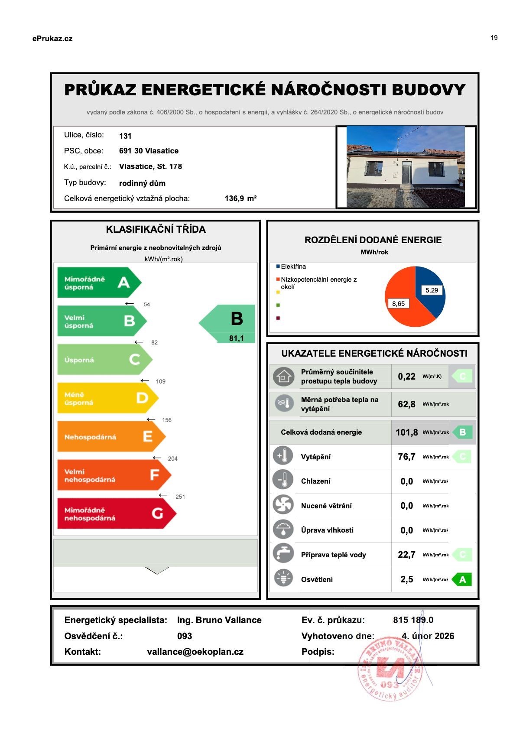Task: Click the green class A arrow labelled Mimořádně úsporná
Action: click(99, 283)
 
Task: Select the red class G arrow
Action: click(116, 513)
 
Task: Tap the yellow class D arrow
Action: click(107, 398)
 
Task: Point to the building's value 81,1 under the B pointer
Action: click(236, 338)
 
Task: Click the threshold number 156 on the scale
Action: click(166, 420)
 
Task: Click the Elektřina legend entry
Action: click(293, 266)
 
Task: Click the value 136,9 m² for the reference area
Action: click(240, 198)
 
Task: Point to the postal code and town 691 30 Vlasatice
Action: click(149, 151)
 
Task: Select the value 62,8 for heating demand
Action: click(406, 404)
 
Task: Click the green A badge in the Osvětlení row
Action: click(462, 579)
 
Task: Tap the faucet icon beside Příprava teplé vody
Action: click(283, 555)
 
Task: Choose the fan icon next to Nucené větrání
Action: click(283, 505)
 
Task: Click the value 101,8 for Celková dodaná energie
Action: click(406, 432)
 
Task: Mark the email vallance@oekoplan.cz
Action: click(195, 652)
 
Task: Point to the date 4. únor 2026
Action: click(428, 636)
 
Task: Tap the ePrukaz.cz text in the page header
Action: click(52, 39)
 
